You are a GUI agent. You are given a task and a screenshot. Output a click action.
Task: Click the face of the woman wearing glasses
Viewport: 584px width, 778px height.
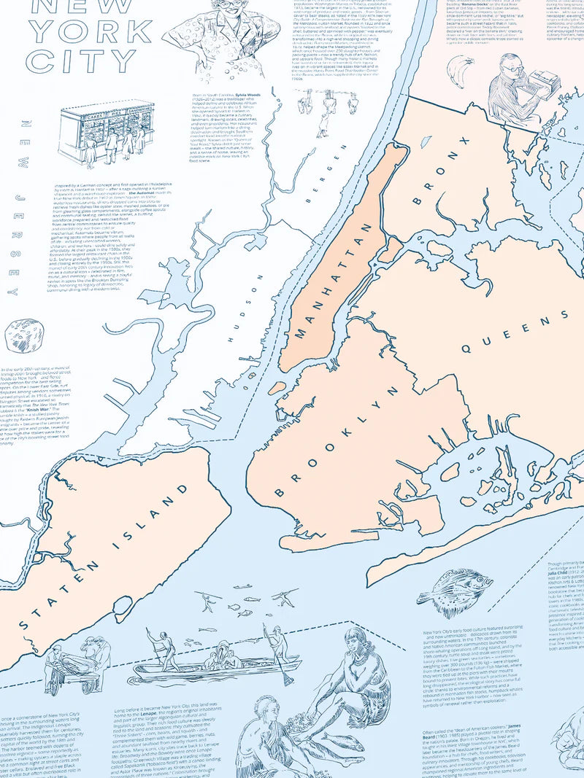coord(218,15)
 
